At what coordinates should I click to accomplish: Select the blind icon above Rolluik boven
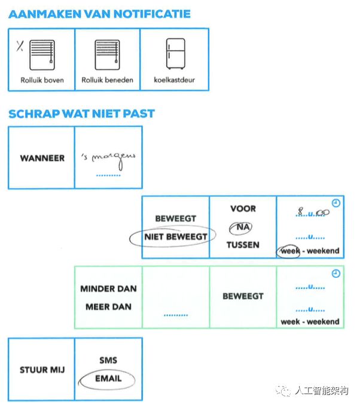[42, 55]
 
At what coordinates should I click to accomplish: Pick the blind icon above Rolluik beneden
[107, 55]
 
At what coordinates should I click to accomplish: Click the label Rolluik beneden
[107, 80]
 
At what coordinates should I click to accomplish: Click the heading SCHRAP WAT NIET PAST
[81, 114]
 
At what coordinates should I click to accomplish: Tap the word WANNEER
[42, 158]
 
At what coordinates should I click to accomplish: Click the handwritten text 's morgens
[109, 157]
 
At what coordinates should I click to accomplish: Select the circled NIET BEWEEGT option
[175, 236]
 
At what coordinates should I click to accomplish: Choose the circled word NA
[242, 227]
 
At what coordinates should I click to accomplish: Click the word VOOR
[242, 209]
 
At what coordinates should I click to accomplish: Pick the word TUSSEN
[242, 245]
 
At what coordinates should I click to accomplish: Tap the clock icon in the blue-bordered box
[335, 203]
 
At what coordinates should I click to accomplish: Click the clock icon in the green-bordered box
[335, 274]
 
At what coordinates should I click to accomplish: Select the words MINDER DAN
[108, 288]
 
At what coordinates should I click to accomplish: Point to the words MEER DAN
[108, 307]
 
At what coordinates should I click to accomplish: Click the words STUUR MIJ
[42, 369]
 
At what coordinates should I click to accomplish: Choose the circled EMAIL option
[108, 378]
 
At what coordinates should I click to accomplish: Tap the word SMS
[108, 360]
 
